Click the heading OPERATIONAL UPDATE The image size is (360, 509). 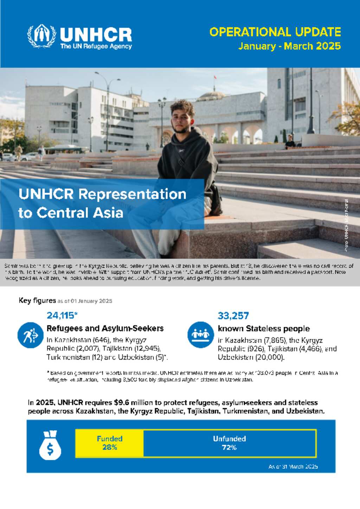tap(275, 32)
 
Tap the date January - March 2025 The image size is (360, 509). tap(289, 46)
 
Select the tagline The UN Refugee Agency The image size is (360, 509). tap(96, 46)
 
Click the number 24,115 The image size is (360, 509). tap(60, 315)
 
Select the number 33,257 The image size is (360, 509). tap(233, 315)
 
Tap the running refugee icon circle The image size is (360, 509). tap(31, 335)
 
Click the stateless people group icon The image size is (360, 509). tap(200, 334)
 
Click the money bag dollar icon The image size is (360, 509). tap(50, 445)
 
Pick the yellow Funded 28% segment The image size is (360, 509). tap(109, 443)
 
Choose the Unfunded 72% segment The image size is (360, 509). tap(229, 443)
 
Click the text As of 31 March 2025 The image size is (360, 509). tap(293, 466)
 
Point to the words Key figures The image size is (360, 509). tap(37, 300)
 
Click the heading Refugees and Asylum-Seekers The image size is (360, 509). tap(105, 328)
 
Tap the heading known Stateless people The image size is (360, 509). tap(264, 328)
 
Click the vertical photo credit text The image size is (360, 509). tap(346, 225)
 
